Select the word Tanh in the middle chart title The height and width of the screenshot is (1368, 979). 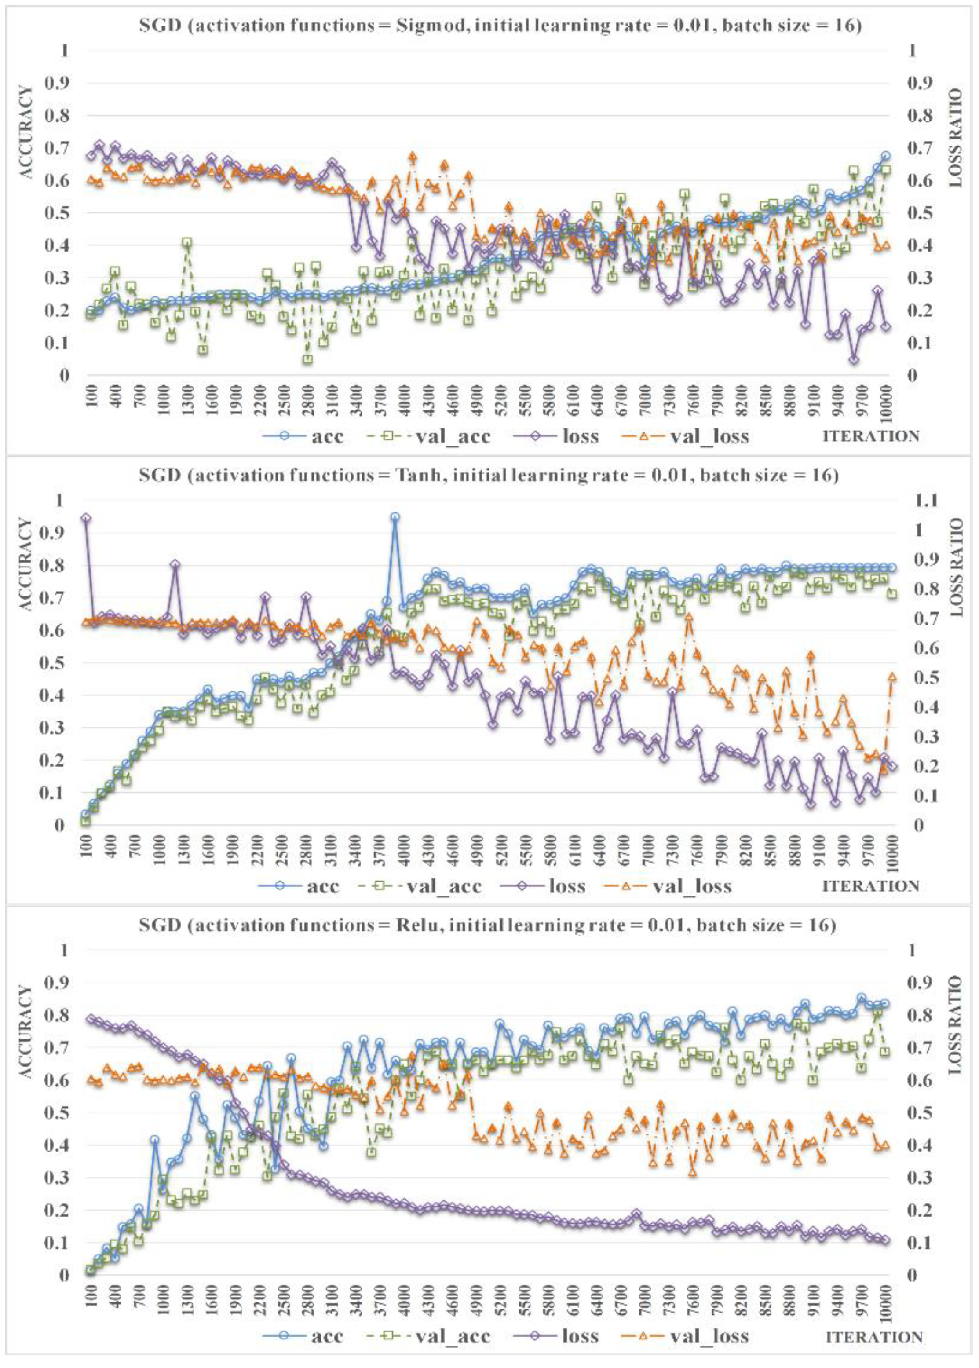pyautogui.click(x=415, y=475)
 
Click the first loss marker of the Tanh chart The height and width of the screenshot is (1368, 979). pyautogui.click(x=86, y=518)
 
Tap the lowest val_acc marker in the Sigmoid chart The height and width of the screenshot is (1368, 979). pyautogui.click(x=307, y=359)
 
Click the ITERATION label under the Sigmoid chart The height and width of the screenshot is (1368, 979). pyautogui.click(x=871, y=436)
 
